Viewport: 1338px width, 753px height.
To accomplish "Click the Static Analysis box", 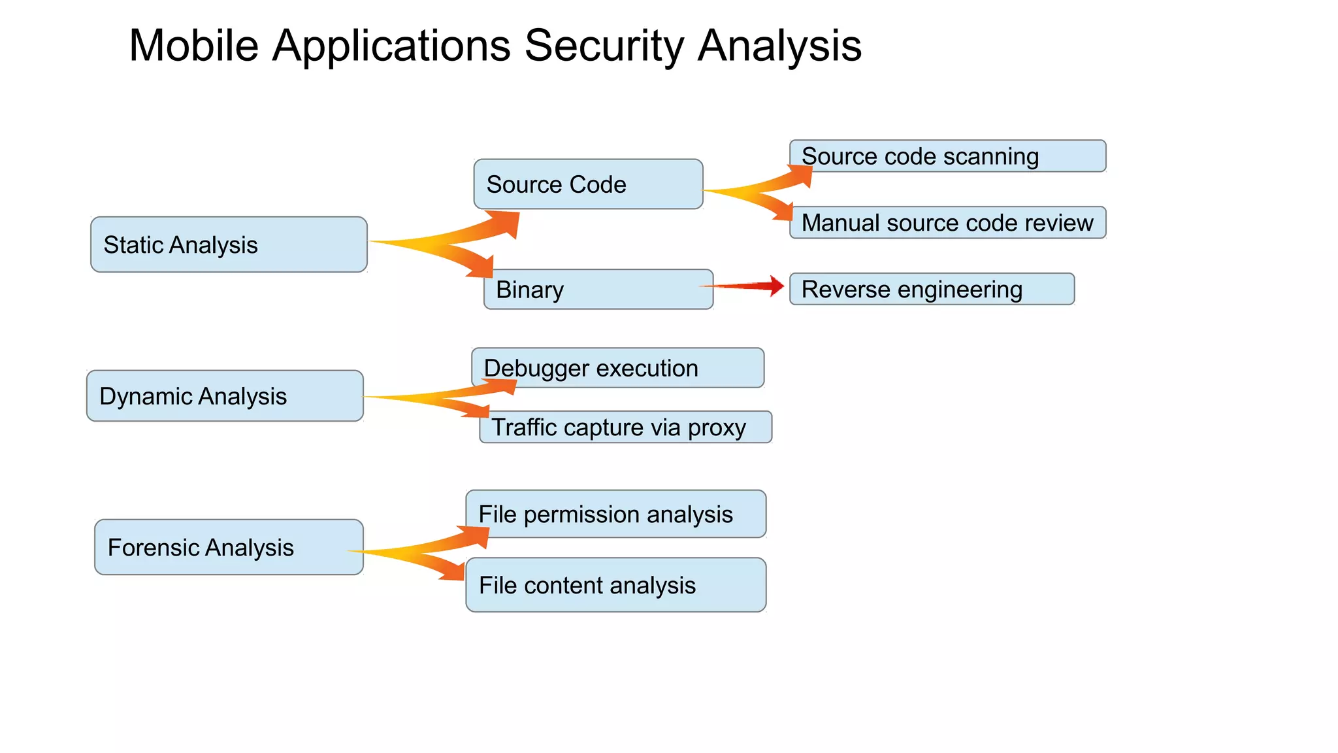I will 229,244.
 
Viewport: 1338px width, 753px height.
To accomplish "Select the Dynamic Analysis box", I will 225,396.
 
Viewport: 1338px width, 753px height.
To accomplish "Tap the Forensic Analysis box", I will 229,547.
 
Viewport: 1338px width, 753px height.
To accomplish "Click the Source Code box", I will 588,184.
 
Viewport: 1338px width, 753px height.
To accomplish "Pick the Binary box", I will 598,290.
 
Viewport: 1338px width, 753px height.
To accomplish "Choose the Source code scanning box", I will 947,156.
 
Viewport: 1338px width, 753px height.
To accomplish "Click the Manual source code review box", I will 947,223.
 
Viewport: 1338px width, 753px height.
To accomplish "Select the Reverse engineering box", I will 932,289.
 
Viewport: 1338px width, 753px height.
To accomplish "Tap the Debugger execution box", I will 617,368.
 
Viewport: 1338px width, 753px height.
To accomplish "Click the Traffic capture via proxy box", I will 625,427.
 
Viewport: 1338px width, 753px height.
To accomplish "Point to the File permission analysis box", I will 615,514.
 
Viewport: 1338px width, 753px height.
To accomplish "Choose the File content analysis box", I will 615,585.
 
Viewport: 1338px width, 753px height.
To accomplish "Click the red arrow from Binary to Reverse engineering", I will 745,286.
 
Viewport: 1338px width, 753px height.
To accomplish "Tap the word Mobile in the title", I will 193,46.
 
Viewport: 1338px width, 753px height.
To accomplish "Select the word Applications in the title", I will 391,46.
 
